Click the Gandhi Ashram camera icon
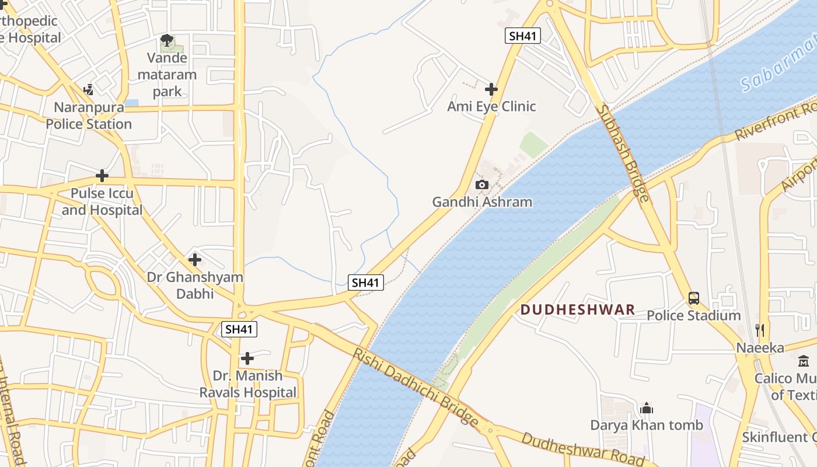point(481,185)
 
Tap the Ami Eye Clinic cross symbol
point(491,89)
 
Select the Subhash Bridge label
point(622,153)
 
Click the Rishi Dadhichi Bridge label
point(415,387)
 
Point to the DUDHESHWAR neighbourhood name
point(577,309)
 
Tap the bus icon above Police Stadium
point(693,298)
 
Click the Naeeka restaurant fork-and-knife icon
point(760,330)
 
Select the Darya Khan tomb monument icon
point(646,408)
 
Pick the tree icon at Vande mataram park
point(167,40)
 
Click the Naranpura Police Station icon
point(88,90)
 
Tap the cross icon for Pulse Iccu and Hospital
point(102,175)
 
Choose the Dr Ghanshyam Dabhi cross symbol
point(195,259)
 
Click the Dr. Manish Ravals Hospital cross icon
point(247,358)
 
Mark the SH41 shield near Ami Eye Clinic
point(522,36)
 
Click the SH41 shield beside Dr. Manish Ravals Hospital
point(239,329)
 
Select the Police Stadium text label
point(693,316)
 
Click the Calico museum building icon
point(804,361)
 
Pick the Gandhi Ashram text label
point(482,203)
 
